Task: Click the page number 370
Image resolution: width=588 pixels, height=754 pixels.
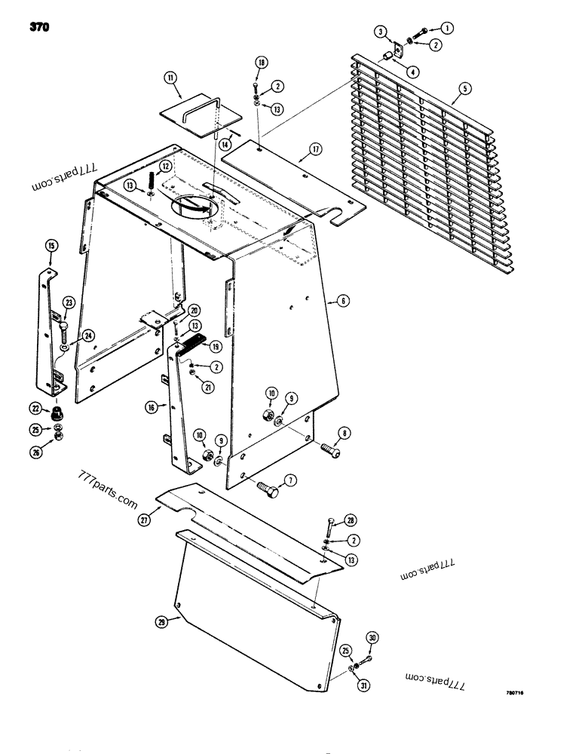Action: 39,29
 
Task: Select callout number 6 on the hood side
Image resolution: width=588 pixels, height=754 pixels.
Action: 343,300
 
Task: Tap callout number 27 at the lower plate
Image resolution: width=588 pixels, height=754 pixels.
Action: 145,519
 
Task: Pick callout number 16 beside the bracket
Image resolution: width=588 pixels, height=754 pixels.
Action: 152,407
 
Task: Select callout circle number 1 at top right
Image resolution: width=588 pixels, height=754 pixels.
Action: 447,28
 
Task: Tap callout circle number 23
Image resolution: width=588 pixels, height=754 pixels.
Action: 69,303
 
